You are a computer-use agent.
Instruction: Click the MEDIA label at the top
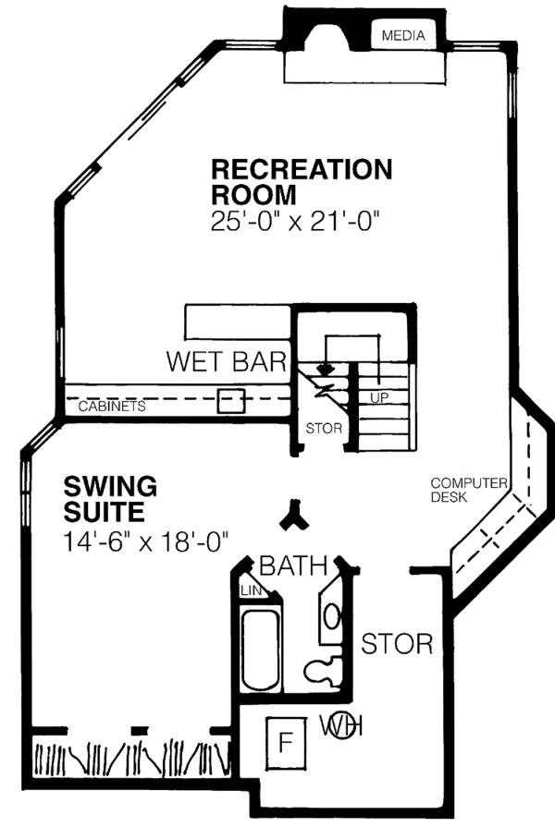[x=402, y=37]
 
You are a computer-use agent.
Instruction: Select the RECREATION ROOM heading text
[x=302, y=182]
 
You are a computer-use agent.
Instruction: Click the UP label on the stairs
[x=377, y=397]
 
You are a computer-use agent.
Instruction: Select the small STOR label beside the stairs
[x=324, y=429]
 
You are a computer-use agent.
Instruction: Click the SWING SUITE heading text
[x=111, y=497]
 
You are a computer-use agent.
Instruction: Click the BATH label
[x=292, y=564]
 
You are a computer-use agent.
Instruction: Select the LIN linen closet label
[x=249, y=590]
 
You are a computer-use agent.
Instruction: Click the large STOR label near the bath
[x=396, y=642]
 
